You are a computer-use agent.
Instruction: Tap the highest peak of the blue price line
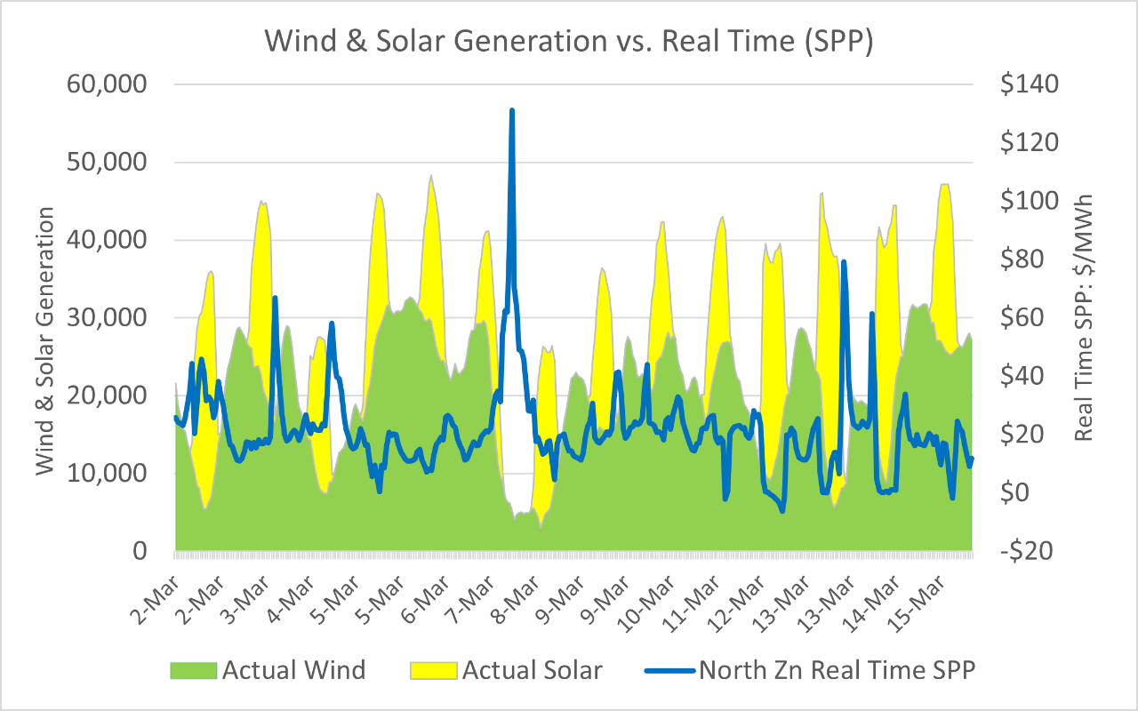click(512, 111)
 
